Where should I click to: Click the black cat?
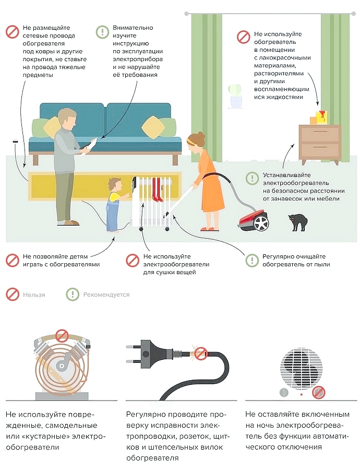(x=297, y=222)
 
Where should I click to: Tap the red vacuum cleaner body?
(x=254, y=219)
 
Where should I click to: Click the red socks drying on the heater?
(x=157, y=189)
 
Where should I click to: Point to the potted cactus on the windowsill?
(x=235, y=96)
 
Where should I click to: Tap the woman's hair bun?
(x=201, y=137)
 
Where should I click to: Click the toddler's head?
(x=115, y=185)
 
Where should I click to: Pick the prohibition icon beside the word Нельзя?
(x=13, y=295)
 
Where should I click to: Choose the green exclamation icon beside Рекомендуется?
(x=73, y=295)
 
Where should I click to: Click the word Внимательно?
(x=133, y=28)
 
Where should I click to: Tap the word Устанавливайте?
(x=286, y=175)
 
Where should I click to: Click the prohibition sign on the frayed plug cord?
(x=201, y=354)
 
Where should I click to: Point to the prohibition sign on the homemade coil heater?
(x=62, y=336)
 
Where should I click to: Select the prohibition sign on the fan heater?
(x=319, y=392)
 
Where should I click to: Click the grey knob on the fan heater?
(x=283, y=392)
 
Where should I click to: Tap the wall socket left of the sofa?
(x=15, y=142)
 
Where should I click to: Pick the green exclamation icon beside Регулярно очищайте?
(x=252, y=260)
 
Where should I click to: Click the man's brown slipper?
(x=69, y=222)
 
